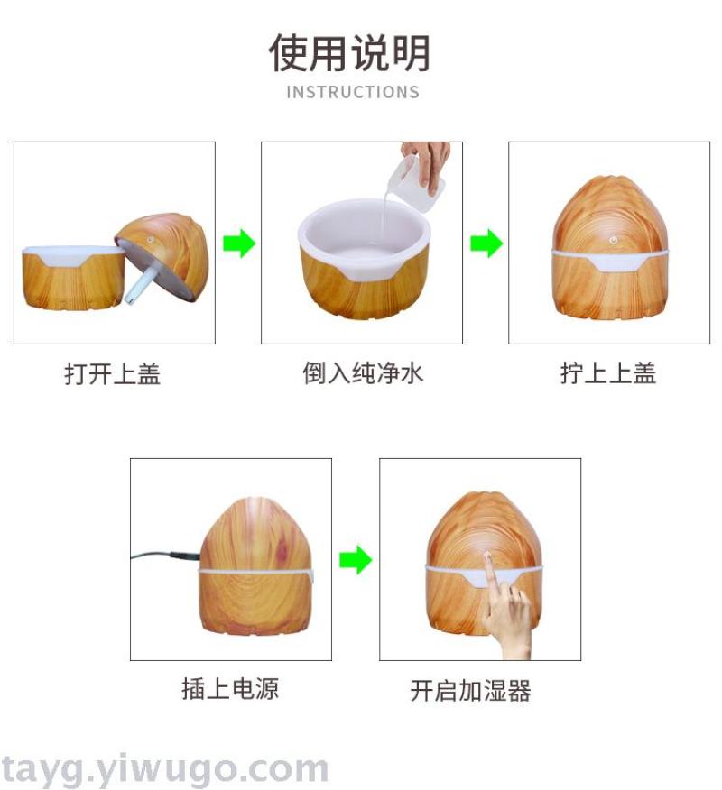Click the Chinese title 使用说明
(349, 53)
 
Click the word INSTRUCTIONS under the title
(353, 92)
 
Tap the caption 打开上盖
(113, 374)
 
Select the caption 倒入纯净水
(363, 373)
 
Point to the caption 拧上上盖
(608, 373)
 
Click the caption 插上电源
(230, 689)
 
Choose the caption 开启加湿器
(470, 690)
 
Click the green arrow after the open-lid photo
(239, 243)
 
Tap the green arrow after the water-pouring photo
(486, 243)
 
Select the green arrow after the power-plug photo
(356, 559)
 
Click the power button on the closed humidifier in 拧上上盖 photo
(613, 241)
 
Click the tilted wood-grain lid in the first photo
(162, 257)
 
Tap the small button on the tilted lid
(150, 240)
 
